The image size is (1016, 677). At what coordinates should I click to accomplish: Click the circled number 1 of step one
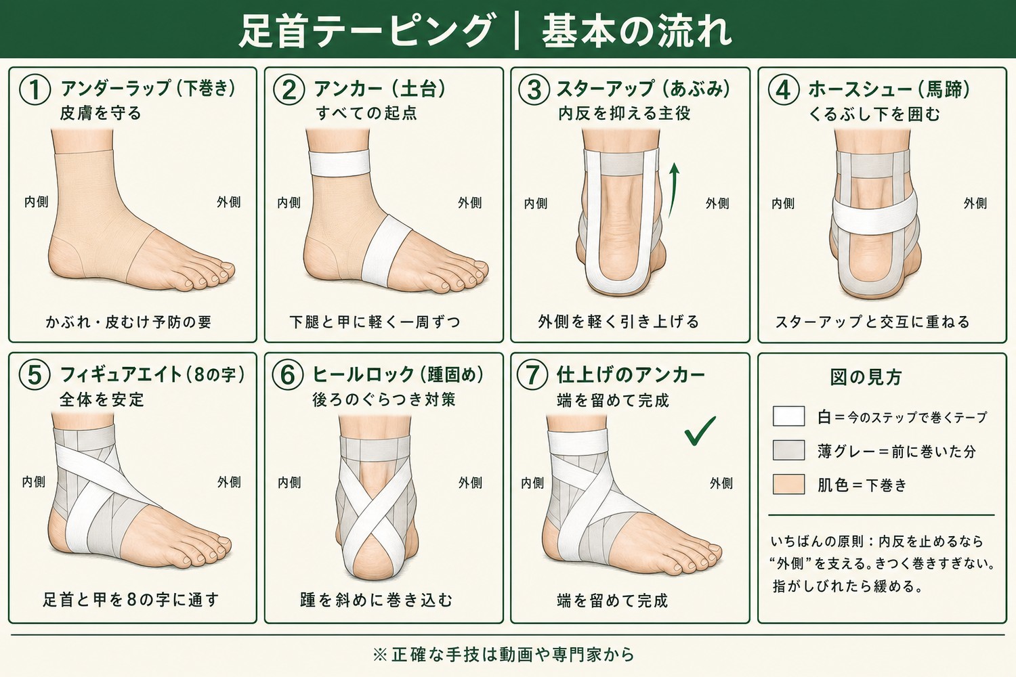35,90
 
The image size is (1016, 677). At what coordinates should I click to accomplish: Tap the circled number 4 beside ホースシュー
783,90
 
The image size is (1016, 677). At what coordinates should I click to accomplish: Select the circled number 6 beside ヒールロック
288,376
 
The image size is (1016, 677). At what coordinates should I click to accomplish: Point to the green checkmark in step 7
700,431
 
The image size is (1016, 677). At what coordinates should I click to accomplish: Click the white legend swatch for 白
789,416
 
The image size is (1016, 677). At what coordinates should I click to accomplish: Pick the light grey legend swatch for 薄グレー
789,450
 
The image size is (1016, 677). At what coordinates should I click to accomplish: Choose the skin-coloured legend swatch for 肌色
789,484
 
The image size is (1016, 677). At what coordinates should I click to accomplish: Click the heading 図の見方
866,377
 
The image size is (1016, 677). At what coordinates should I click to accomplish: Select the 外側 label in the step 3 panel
717,204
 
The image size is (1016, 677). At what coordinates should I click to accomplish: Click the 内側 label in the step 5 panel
34,482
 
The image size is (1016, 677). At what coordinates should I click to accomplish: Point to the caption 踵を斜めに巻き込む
377,600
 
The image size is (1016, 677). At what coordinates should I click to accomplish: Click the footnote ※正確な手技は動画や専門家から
503,655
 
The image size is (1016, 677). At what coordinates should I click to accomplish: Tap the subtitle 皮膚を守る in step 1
101,113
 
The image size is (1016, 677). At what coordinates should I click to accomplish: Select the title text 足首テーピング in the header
366,31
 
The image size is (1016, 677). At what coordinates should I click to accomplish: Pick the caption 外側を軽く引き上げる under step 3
618,322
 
